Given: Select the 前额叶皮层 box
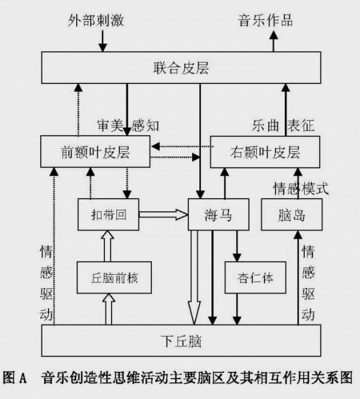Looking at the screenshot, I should [96, 152].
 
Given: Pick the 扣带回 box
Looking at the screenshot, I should [109, 214].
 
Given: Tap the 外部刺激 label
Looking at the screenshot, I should [97, 19].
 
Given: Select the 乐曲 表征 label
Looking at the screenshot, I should [281, 126].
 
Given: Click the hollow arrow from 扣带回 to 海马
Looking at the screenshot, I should [163, 214].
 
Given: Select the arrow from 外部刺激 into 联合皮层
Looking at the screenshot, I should [102, 41].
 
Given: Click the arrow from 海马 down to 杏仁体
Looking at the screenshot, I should [238, 246].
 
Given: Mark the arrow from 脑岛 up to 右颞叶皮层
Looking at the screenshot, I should [293, 184].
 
